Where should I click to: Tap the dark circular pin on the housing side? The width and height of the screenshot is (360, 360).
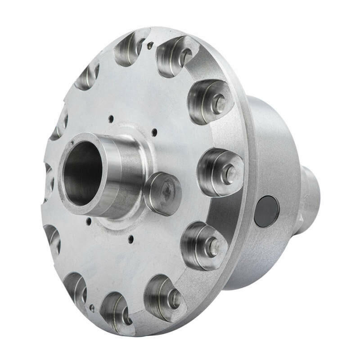pos(266,211)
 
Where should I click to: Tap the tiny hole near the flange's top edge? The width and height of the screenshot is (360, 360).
pos(150,44)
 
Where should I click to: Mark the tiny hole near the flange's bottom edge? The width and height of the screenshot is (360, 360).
pos(92,308)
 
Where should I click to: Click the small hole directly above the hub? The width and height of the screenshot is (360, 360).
pos(110,119)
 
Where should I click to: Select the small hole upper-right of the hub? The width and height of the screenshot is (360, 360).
pos(154,132)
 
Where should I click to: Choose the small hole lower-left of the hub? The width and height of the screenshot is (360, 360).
pos(89,221)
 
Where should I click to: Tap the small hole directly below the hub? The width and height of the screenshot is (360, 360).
pos(130,240)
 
